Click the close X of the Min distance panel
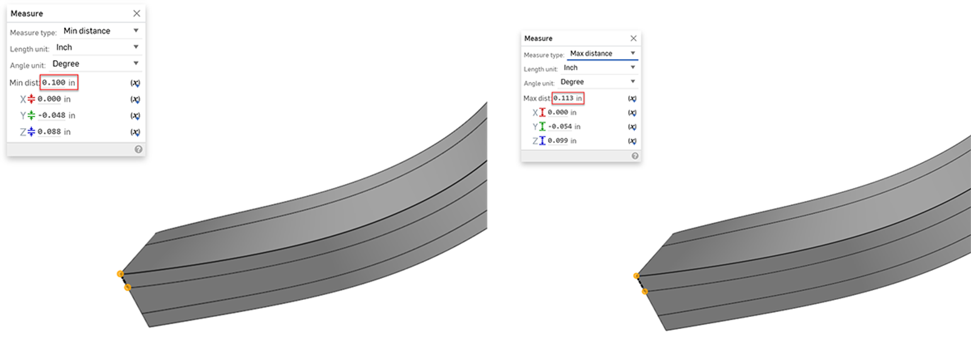(137, 13)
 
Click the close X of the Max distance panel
(634, 38)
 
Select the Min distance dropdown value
(87, 31)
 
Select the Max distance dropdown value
(591, 53)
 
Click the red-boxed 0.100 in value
(59, 83)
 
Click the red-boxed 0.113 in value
(567, 98)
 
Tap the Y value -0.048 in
(56, 115)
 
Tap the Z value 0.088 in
(54, 132)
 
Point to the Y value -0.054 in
(564, 126)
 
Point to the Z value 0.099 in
(562, 140)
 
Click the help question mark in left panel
(138, 149)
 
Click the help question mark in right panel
(635, 156)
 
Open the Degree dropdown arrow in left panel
(136, 63)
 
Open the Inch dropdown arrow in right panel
(633, 67)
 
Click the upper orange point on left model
(120, 274)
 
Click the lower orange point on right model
(645, 291)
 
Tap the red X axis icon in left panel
(31, 99)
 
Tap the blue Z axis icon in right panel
(542, 140)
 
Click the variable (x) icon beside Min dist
(135, 83)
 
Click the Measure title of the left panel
(27, 13)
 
